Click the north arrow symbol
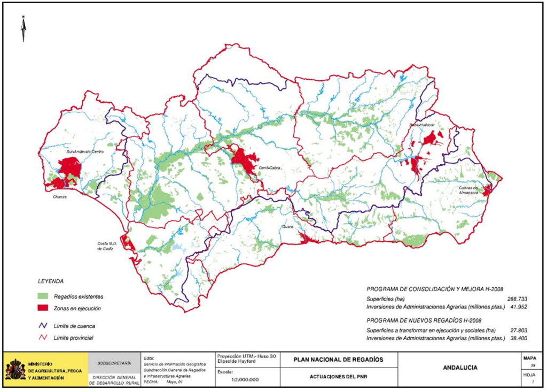point(24,29)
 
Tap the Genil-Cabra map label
point(270,167)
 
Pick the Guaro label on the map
point(288,227)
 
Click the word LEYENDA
point(51,281)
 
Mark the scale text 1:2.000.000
point(245,379)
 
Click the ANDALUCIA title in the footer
point(460,368)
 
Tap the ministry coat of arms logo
point(15,369)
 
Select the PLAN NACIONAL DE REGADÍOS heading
point(338,359)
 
